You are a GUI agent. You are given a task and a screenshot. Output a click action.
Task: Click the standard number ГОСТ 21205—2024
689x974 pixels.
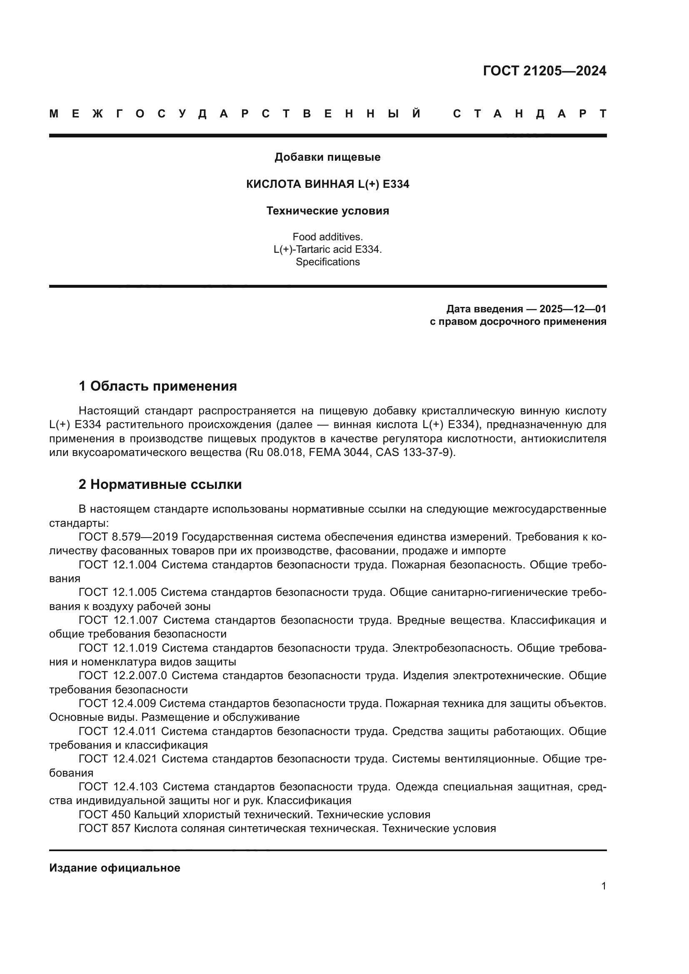point(544,71)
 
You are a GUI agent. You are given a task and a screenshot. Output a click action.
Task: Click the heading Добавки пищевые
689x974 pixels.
point(327,157)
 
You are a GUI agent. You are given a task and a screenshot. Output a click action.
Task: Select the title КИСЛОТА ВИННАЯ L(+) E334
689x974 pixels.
point(327,184)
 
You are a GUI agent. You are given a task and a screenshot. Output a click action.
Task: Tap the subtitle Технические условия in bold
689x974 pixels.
point(327,211)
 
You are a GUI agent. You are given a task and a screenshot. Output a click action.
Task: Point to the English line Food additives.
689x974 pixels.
point(327,237)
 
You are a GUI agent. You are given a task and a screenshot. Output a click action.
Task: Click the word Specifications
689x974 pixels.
point(327,262)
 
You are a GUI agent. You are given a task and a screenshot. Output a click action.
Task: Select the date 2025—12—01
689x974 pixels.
point(573,309)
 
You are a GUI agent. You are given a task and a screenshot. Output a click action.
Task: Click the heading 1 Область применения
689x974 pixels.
point(157,386)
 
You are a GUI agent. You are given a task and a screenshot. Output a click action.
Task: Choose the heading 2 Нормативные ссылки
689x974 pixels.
point(160,484)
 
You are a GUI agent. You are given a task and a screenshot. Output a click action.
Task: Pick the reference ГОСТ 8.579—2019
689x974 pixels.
point(128,537)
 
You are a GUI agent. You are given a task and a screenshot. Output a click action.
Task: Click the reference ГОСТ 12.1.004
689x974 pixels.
point(117,565)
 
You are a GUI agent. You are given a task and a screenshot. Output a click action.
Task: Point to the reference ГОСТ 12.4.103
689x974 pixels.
point(118,787)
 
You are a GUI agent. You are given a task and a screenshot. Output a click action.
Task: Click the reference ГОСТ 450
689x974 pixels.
point(105,815)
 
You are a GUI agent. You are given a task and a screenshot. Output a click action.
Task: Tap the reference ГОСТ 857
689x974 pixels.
point(105,829)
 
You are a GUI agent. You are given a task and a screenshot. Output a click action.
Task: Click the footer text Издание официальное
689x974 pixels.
point(115,868)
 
